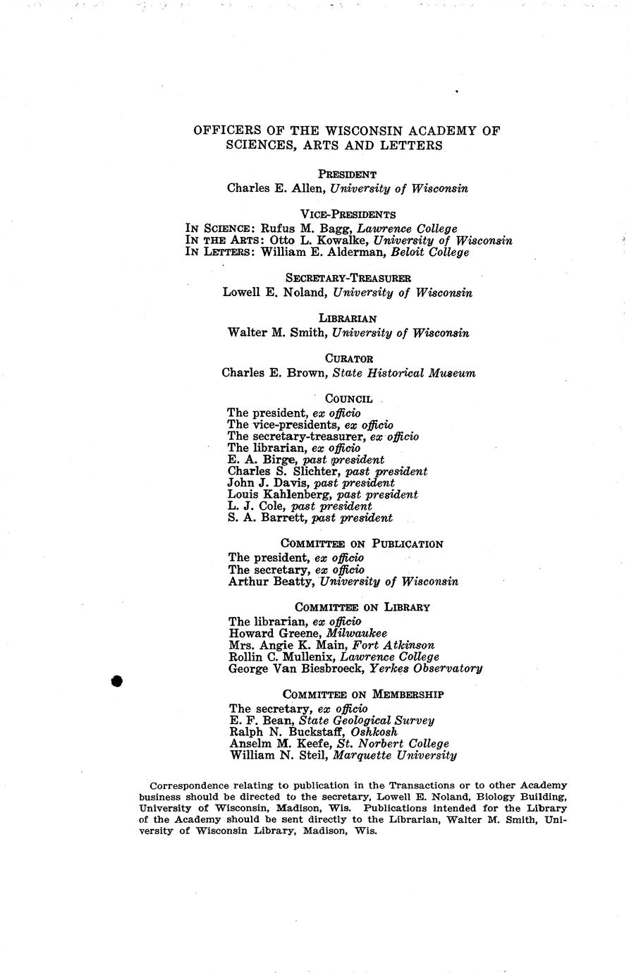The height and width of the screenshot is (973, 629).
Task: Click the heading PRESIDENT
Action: (347, 174)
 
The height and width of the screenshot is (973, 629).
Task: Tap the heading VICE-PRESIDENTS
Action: (348, 214)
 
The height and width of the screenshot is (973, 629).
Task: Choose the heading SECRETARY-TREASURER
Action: (348, 279)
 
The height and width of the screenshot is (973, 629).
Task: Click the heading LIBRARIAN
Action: (348, 319)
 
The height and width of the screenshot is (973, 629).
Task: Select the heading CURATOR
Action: (348, 359)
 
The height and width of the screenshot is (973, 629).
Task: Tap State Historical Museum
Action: (404, 373)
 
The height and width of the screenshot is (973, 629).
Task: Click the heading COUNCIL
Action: (348, 399)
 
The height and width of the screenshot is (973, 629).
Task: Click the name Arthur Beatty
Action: (271, 582)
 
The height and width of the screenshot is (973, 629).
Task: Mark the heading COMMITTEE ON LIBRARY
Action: (362, 608)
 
